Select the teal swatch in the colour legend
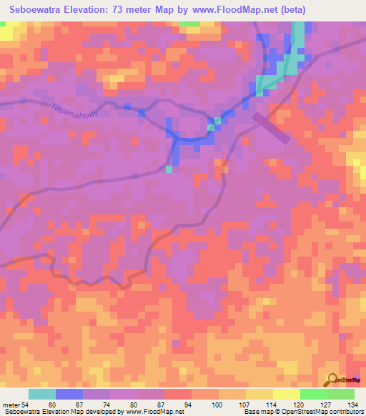click(x=42, y=394)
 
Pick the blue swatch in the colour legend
click(x=69, y=394)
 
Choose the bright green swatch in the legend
click(x=313, y=394)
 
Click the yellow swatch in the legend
click(x=286, y=394)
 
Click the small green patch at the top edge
click(x=189, y=24)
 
